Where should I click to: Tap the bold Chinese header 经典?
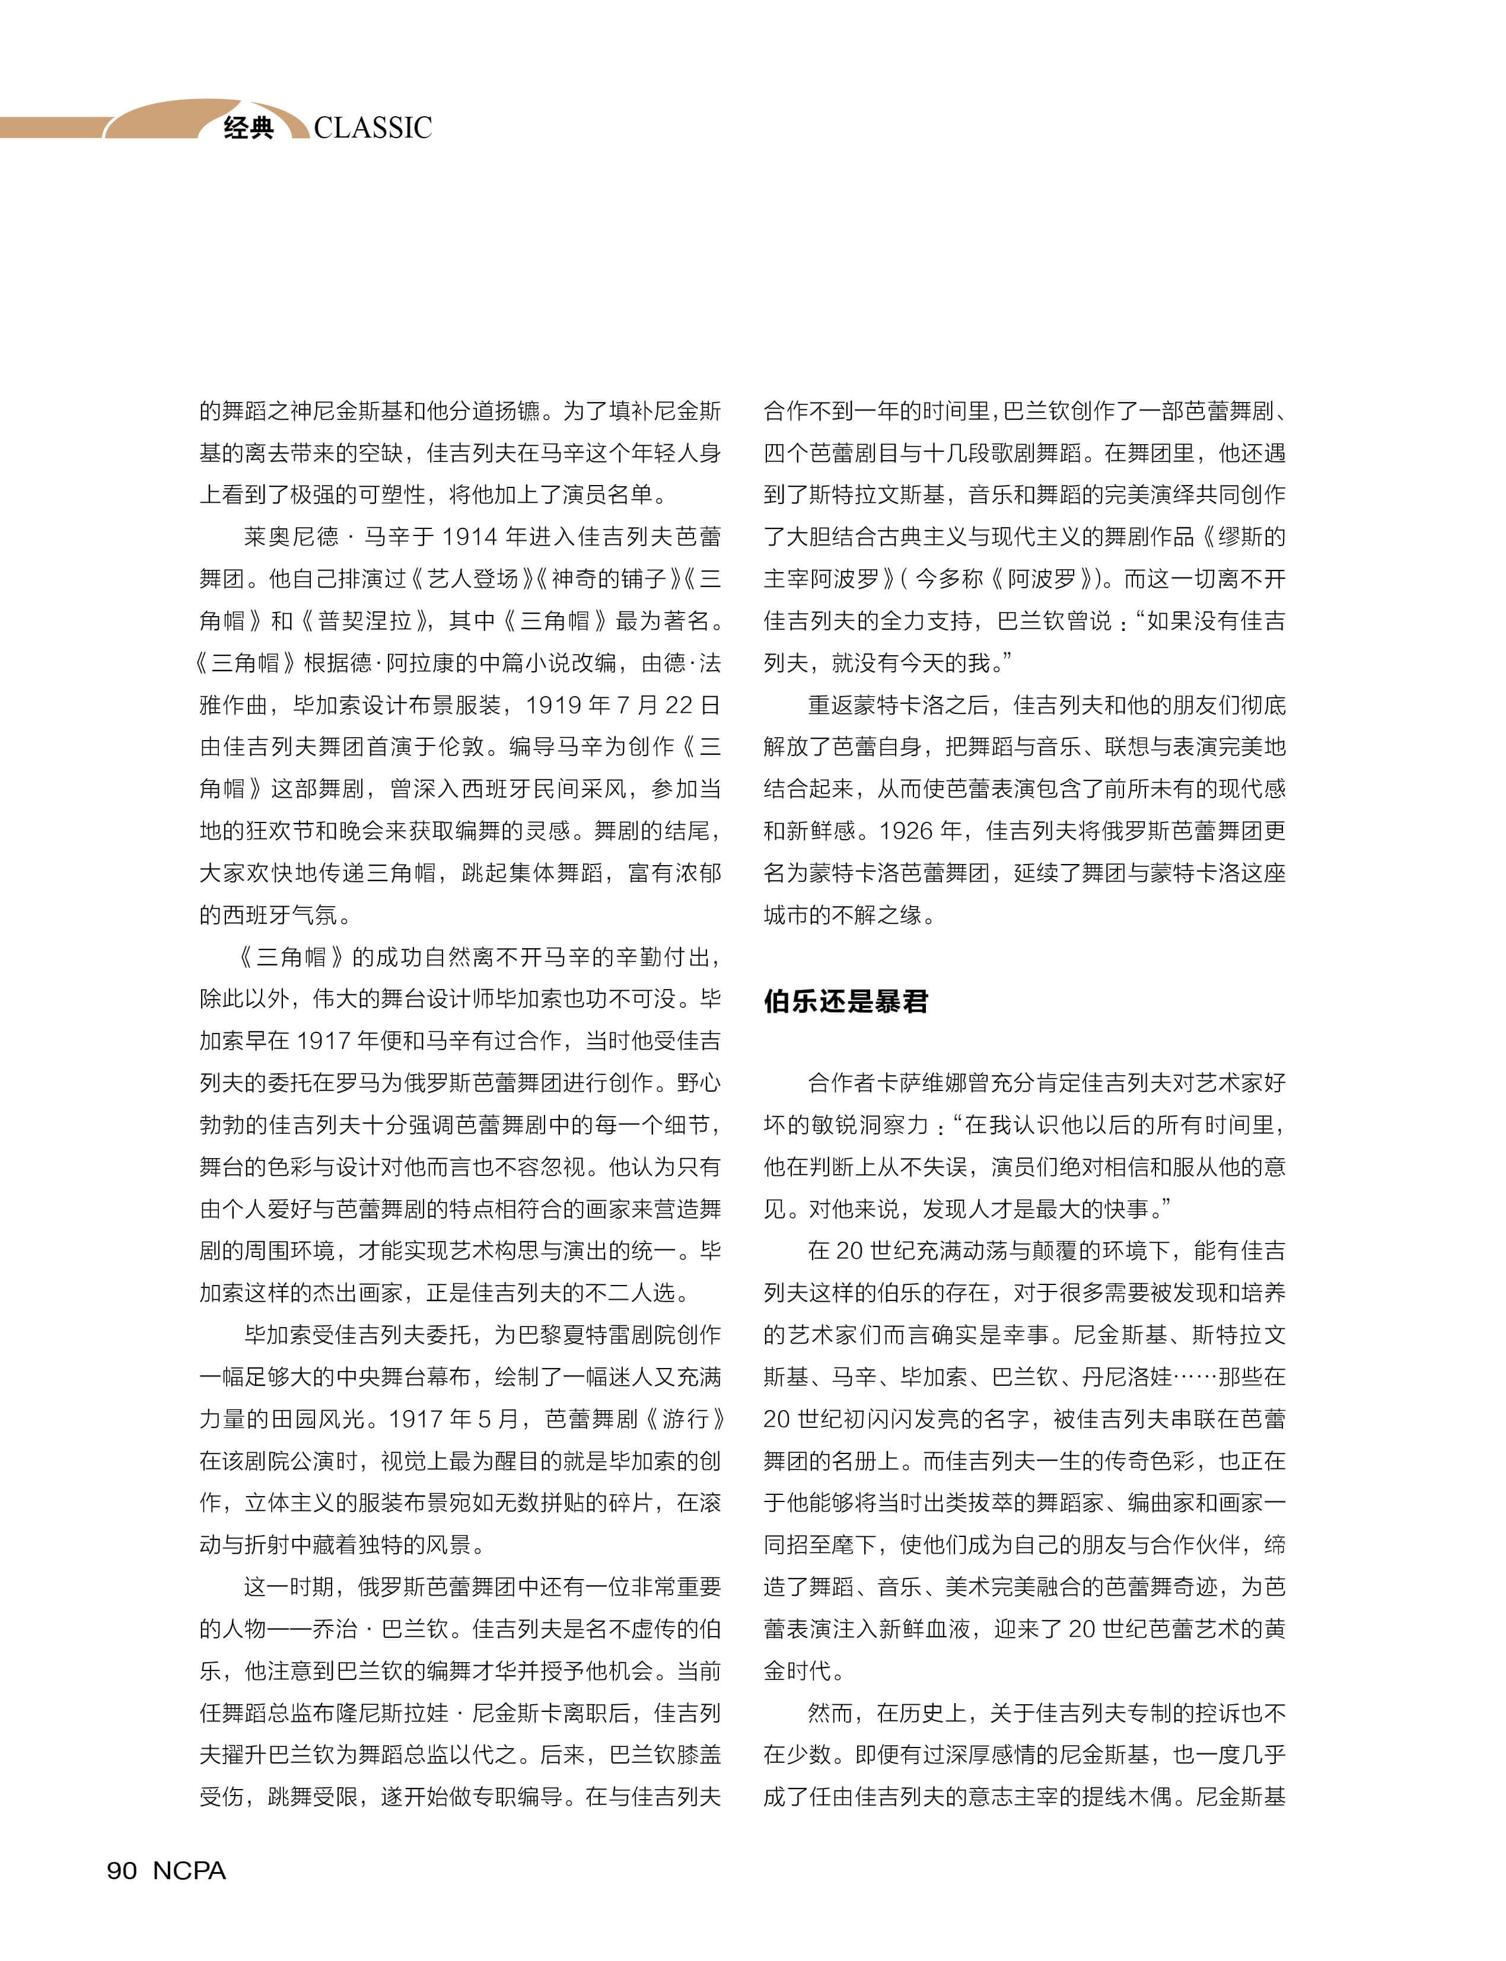tap(249, 128)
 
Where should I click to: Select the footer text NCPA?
tap(189, 1870)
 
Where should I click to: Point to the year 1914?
tap(470, 537)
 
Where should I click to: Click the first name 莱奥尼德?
tap(291, 537)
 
